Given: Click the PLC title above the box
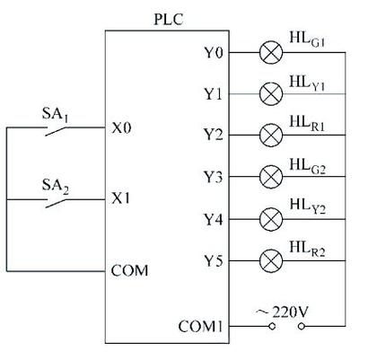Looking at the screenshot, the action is (168, 20).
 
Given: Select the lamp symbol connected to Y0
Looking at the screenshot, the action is (271, 53).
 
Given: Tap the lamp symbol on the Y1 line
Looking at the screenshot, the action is (271, 94).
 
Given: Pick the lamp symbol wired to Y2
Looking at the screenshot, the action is (271, 136).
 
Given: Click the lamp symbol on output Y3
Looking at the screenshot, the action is (271, 177).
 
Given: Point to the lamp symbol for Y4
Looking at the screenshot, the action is (271, 219).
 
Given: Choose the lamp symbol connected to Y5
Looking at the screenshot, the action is (271, 261).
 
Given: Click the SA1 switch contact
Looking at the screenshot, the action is (56, 131).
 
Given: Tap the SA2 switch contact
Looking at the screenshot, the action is (56, 204).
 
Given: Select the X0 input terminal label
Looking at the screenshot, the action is (121, 128).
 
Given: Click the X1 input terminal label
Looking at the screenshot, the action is (120, 198).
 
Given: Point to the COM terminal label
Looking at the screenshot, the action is (129, 271).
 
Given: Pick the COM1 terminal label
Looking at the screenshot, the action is (200, 326).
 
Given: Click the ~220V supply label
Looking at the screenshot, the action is (282, 312).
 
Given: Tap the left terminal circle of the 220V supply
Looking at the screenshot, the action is (272, 326).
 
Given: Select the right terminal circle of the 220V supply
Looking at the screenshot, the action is (302, 326).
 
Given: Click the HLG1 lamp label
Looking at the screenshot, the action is (307, 40).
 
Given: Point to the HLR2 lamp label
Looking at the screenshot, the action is (307, 250).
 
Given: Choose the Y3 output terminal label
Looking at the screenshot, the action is (214, 177).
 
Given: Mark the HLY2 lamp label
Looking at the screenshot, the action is (307, 207).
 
